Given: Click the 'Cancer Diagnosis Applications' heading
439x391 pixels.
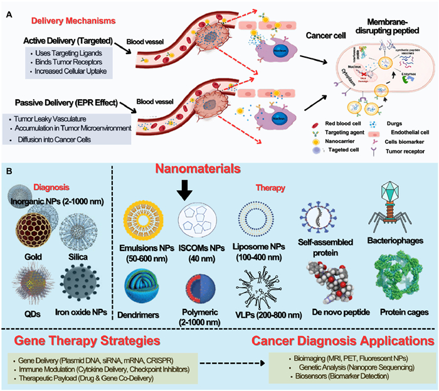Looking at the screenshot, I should click(341, 341).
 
